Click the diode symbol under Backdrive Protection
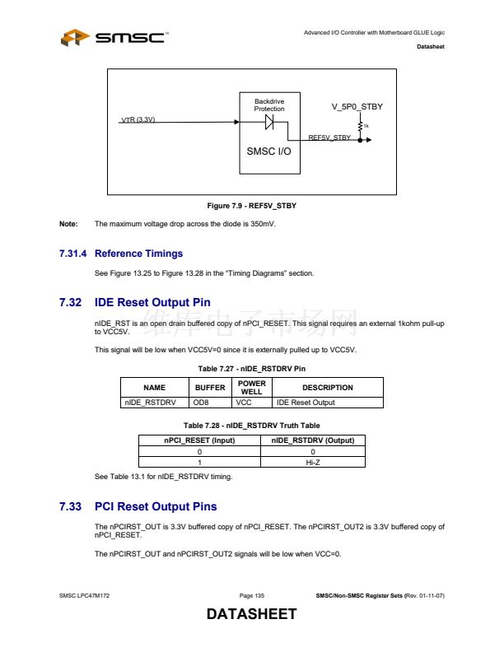(269, 122)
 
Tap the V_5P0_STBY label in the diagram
(357, 107)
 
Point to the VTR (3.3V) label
(138, 120)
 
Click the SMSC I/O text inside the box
(268, 151)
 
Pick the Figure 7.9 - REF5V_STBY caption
(252, 205)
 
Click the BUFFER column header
(209, 387)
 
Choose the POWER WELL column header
(251, 387)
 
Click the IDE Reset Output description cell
(305, 403)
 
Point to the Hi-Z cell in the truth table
(312, 462)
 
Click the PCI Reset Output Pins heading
(156, 506)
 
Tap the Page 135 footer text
(252, 594)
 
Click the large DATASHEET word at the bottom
(251, 615)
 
